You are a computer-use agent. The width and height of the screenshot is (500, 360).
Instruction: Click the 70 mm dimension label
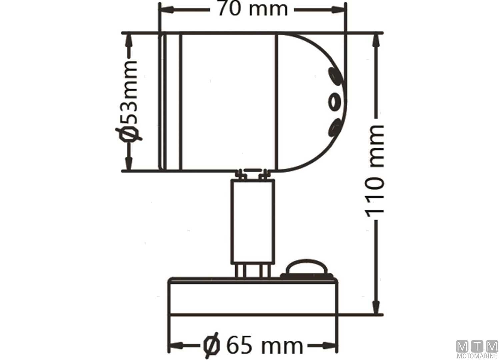coord(252,9)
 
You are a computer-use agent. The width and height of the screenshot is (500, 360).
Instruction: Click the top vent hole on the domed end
coord(334,77)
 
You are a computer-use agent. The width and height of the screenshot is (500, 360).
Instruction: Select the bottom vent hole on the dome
coord(334,127)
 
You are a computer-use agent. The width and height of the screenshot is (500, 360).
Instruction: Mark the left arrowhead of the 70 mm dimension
coord(165,10)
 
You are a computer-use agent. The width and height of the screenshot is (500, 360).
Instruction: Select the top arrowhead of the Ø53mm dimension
coord(128,40)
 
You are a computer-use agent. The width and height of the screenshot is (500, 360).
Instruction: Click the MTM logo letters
coord(477,347)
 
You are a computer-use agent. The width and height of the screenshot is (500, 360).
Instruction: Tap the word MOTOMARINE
coord(477,357)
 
